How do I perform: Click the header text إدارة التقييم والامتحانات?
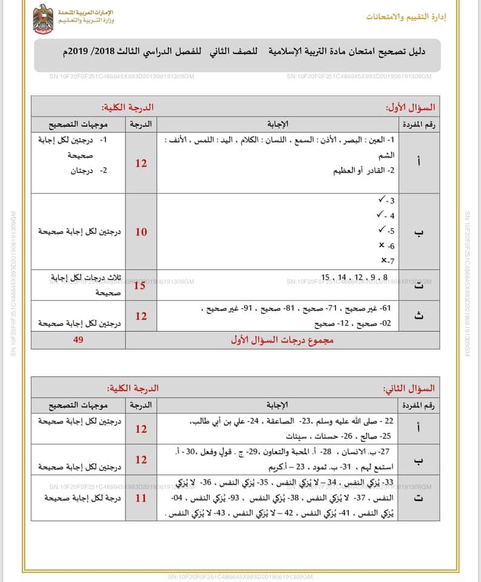coord(405,16)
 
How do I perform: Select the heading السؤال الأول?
coord(411,108)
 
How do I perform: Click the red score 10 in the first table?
coord(141,232)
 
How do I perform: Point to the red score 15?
coord(139,285)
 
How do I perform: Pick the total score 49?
coord(78,340)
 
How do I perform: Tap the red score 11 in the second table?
coord(141,498)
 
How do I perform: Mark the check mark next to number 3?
coord(382,200)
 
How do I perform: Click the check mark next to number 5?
coord(382,230)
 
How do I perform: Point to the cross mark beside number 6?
coord(381,246)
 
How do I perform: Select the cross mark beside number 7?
coord(381,261)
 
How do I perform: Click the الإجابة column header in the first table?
coord(277,124)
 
